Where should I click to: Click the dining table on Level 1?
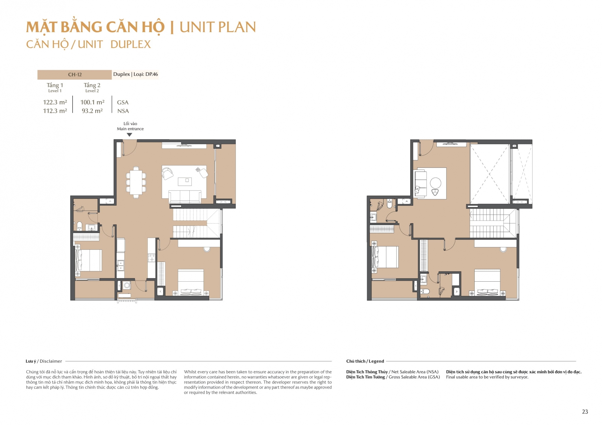pyautogui.click(x=136, y=182)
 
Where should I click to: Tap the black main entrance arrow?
pyautogui.click(x=129, y=135)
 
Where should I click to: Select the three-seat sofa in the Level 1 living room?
pyautogui.click(x=185, y=197)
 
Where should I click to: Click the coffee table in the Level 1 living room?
pyautogui.click(x=185, y=182)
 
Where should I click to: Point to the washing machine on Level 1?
pyautogui.click(x=127, y=285)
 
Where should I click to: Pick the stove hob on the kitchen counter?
pyautogui.click(x=151, y=258)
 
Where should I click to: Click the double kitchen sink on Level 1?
pyautogui.click(x=120, y=266)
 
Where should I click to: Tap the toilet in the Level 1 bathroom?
pyautogui.click(x=79, y=225)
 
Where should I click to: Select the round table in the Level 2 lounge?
pyautogui.click(x=436, y=183)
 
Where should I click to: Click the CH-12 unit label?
pyautogui.click(x=75, y=75)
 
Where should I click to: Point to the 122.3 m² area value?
pyautogui.click(x=55, y=102)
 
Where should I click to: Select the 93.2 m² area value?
pyautogui.click(x=92, y=111)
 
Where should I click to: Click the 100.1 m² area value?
pyautogui.click(x=92, y=102)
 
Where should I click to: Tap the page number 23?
pyautogui.click(x=585, y=412)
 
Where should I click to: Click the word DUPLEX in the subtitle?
pyautogui.click(x=131, y=44)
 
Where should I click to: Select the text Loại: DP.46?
pyautogui.click(x=146, y=74)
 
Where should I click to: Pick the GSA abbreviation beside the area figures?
pyautogui.click(x=123, y=102)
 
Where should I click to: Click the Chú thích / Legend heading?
pyautogui.click(x=365, y=361)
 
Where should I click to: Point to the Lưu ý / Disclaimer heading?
pyautogui.click(x=44, y=361)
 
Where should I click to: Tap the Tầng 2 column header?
pyautogui.click(x=92, y=85)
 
